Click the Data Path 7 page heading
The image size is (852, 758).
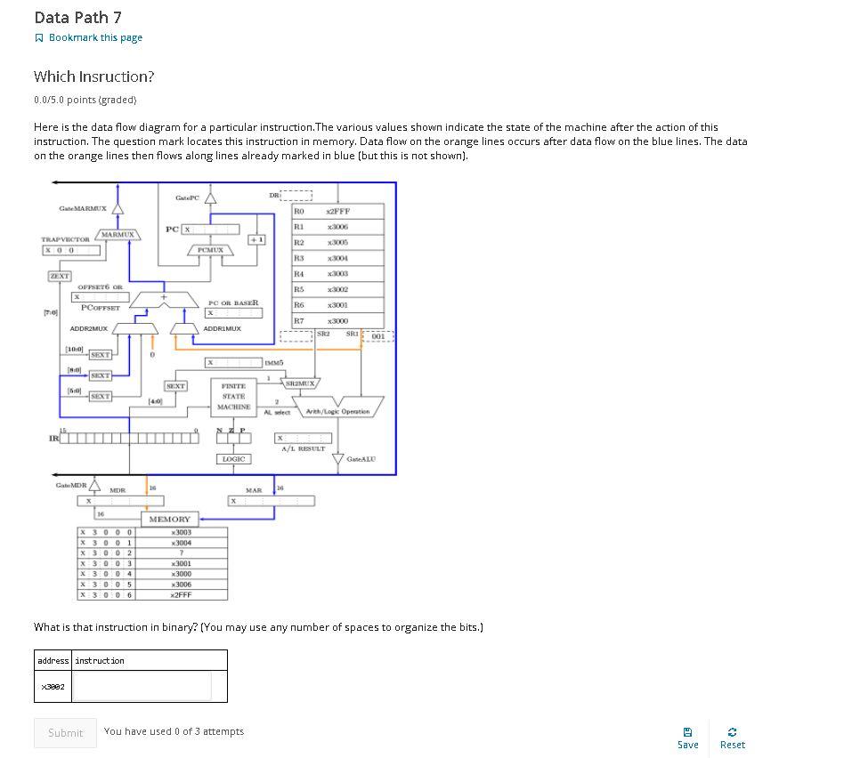click(x=78, y=17)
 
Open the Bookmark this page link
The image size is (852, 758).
click(x=88, y=37)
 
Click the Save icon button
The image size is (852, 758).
click(x=687, y=737)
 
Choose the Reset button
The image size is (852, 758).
click(x=732, y=737)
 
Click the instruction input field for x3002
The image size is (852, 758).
click(x=142, y=686)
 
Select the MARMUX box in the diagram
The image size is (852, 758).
click(x=118, y=235)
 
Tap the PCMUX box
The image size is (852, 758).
click(x=210, y=251)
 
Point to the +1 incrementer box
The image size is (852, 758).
click(x=256, y=239)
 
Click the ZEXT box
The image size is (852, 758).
click(x=60, y=277)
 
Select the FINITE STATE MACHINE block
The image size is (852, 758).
click(x=233, y=397)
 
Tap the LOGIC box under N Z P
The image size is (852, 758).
click(x=233, y=459)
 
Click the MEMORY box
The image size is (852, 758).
click(x=169, y=519)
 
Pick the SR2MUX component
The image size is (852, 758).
click(x=299, y=383)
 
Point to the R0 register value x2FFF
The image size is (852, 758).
click(x=338, y=212)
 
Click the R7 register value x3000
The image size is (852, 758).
click(x=338, y=320)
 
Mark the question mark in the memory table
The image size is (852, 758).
click(x=181, y=553)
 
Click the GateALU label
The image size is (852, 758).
click(x=361, y=459)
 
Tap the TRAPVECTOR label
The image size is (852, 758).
click(x=66, y=239)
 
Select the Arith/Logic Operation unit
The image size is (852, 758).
click(x=338, y=411)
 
